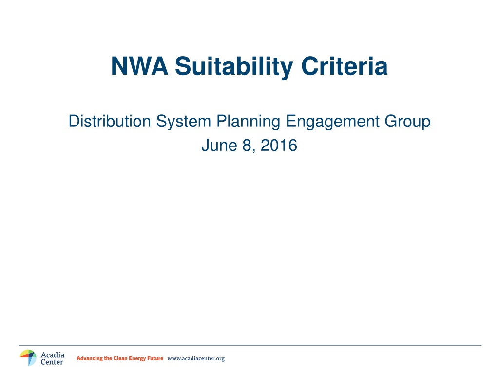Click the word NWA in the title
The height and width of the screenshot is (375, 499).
pos(139,66)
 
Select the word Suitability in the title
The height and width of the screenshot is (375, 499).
pos(234,67)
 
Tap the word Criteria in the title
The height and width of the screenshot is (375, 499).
pos(345,66)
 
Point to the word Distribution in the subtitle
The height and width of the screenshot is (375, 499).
pos(110,121)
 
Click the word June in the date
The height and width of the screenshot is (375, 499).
pos(219,146)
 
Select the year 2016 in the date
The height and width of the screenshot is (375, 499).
pos(279,146)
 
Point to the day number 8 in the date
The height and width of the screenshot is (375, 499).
pos(247,146)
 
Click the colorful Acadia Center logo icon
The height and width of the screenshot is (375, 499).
pos(28,358)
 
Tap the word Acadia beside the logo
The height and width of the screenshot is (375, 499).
pos(53,355)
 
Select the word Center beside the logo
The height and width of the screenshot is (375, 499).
pos(52,362)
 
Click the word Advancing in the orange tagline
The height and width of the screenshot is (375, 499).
pos(90,358)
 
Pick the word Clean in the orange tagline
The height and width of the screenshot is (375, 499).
pos(120,358)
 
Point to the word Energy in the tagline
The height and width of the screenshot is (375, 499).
pos(137,359)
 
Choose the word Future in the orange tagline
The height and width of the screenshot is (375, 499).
pos(155,358)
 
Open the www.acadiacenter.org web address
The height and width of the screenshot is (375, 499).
pos(196,359)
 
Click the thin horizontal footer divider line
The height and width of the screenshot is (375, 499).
pos(250,345)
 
